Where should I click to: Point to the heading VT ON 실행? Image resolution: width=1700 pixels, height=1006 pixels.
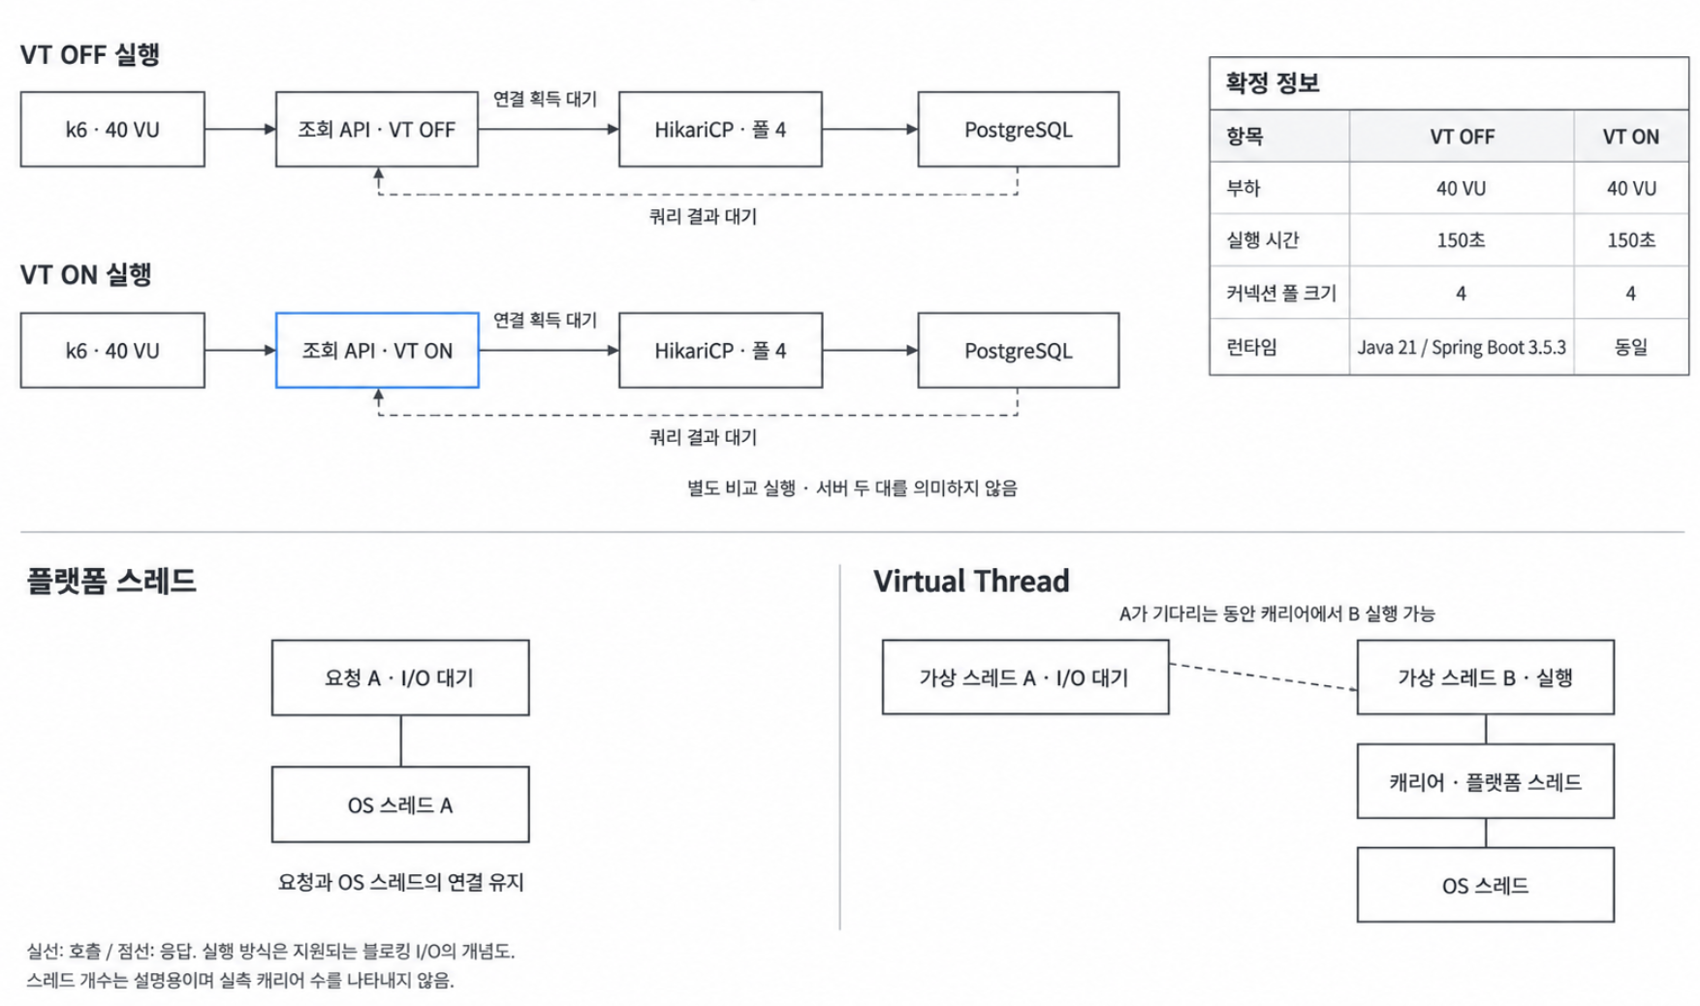pyautogui.click(x=86, y=274)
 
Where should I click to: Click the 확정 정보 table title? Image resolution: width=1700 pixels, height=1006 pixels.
pyautogui.click(x=1272, y=83)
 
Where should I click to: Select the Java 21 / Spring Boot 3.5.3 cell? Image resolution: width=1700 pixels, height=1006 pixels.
pyautogui.click(x=1462, y=347)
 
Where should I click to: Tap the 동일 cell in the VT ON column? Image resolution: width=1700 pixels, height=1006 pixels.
pyautogui.click(x=1631, y=347)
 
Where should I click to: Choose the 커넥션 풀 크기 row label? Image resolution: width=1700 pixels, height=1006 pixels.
pyautogui.click(x=1280, y=293)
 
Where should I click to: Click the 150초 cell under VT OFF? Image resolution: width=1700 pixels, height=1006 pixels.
pyautogui.click(x=1462, y=240)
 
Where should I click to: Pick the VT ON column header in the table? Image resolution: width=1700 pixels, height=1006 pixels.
pyautogui.click(x=1631, y=137)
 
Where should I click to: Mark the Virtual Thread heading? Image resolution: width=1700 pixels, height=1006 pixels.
pyautogui.click(x=971, y=582)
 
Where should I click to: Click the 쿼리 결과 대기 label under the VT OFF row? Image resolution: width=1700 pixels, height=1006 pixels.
pyautogui.click(x=703, y=216)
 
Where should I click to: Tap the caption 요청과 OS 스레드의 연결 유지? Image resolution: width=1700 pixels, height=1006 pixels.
pyautogui.click(x=400, y=882)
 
